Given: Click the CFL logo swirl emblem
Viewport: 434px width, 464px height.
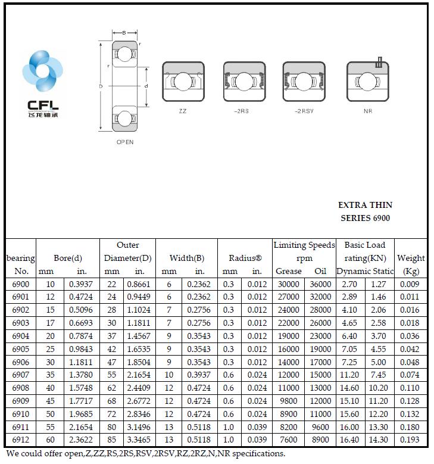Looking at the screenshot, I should (x=42, y=73).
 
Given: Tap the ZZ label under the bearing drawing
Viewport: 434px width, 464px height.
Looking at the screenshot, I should (x=182, y=111).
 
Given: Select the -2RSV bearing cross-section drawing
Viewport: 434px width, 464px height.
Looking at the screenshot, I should (x=304, y=82).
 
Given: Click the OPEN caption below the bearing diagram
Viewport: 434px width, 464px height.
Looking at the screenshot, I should (x=125, y=142).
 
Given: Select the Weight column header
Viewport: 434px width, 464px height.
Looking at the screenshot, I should (x=411, y=258).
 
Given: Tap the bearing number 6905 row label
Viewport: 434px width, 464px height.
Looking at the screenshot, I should (x=20, y=349).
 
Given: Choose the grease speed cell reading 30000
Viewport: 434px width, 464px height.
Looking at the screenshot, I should (x=289, y=284).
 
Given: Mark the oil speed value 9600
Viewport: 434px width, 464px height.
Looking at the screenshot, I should (x=320, y=427).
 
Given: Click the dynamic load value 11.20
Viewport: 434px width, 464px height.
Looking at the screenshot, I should (x=349, y=375).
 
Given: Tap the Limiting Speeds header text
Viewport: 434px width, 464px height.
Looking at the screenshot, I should (x=304, y=245).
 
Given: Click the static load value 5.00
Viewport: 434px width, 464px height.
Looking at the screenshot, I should (x=379, y=362).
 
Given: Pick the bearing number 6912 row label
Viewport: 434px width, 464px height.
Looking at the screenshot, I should (x=20, y=440).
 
